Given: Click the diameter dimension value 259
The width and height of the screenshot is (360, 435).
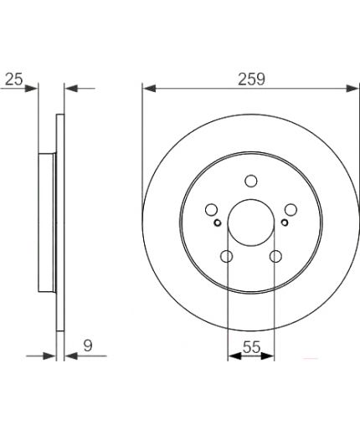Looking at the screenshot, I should pos(251,79).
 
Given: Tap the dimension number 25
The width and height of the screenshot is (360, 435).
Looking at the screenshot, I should pos(14,79).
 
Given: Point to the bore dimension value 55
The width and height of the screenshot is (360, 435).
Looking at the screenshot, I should pos(251,343).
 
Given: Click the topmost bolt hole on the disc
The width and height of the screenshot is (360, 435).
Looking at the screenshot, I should pos(251,181).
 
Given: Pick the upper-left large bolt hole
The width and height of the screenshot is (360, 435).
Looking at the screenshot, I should pos(212,209).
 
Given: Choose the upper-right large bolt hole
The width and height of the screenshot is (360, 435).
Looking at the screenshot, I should pos(291,209).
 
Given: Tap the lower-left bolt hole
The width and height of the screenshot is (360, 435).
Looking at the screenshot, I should pos(227,256).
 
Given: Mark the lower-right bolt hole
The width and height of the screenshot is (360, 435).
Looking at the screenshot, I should pos(275,256).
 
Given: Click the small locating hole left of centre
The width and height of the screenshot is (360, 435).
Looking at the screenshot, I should pos(218,223).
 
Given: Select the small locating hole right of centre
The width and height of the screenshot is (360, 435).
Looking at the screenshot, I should pos(285,223).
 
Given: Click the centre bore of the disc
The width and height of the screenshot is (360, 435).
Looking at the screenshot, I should pos(251,223).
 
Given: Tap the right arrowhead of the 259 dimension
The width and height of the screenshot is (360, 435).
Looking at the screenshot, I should pos(354,86).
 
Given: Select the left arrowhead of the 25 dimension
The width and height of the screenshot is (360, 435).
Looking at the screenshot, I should pos(33,86).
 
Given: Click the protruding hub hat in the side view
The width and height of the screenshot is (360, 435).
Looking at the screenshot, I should pos(47,223).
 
